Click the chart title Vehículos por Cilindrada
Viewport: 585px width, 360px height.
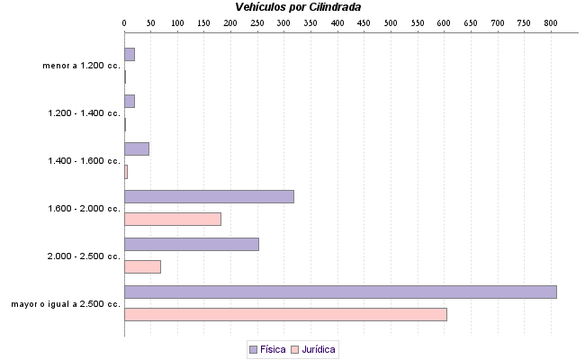pos(298,7)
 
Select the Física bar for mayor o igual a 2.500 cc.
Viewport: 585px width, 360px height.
pos(340,292)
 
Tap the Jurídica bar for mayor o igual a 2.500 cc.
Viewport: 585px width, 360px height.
pos(285,314)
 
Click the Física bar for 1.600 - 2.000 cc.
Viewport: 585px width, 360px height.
pos(209,196)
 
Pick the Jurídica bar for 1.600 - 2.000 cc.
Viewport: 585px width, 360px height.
pos(173,219)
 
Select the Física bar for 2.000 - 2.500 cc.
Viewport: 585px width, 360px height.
pos(192,244)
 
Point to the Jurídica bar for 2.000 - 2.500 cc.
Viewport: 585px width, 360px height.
pos(142,266)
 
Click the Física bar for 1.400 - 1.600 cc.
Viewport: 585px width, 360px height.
pos(137,148)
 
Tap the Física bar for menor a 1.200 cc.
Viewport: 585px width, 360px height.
pos(130,54)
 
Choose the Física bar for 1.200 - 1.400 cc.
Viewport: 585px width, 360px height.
pos(130,101)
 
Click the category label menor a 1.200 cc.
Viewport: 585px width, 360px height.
pos(81,66)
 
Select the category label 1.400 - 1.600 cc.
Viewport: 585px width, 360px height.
pos(84,161)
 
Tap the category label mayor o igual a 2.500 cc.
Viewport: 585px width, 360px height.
pos(66,304)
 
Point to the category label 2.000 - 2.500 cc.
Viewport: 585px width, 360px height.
pos(84,256)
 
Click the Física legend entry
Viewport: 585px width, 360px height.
pos(267,348)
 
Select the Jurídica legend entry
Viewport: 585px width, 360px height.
pos(313,348)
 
